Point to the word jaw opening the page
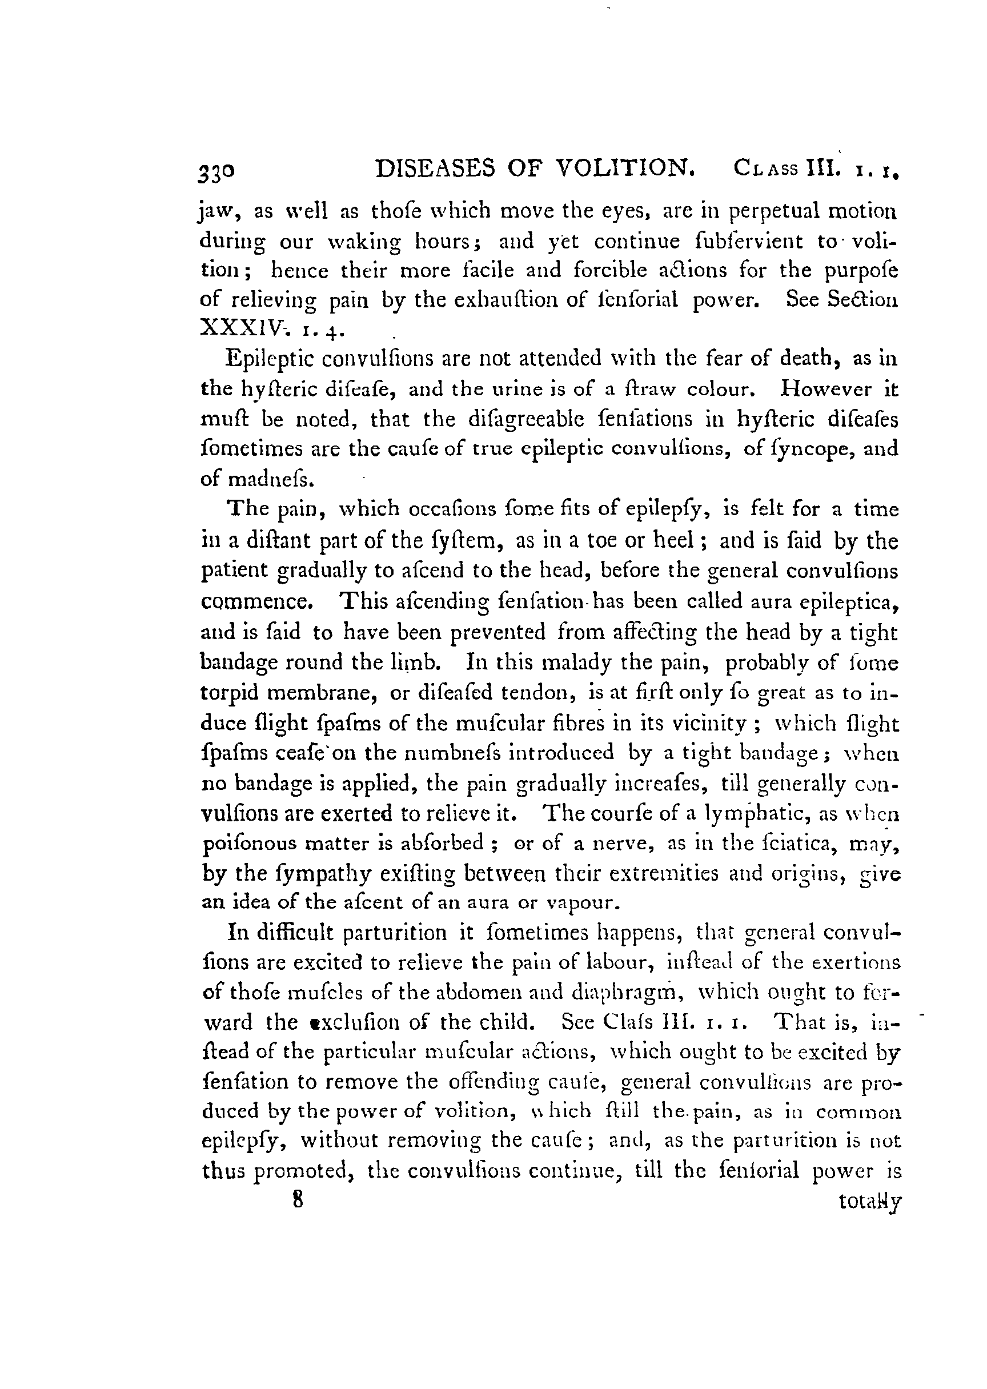click(x=214, y=212)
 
